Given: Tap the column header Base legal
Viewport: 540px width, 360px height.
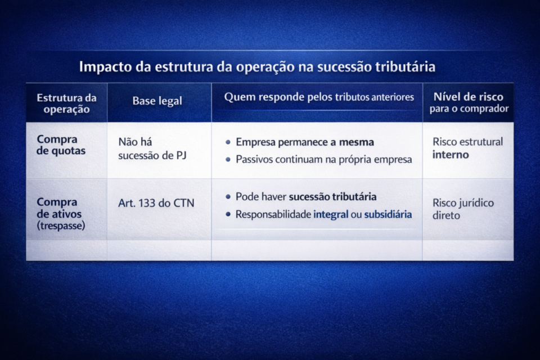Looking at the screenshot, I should (157, 101).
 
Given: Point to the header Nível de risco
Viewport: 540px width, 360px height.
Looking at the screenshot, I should (468, 97).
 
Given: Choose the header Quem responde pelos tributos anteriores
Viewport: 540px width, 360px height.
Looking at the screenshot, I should (319, 97).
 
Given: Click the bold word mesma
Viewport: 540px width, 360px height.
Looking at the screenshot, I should (356, 142).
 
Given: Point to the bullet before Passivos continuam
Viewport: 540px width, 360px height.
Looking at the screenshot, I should (227, 160).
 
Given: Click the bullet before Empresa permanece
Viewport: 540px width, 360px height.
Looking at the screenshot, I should (227, 142).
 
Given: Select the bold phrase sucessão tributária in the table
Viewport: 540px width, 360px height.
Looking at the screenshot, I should (332, 197).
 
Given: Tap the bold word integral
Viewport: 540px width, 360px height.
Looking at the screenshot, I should (331, 214).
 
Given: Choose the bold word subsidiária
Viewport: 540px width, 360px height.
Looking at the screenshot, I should (388, 214).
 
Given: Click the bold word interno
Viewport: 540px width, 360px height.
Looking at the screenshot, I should (451, 155).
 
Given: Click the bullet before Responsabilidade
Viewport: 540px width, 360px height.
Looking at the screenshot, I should (227, 214).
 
